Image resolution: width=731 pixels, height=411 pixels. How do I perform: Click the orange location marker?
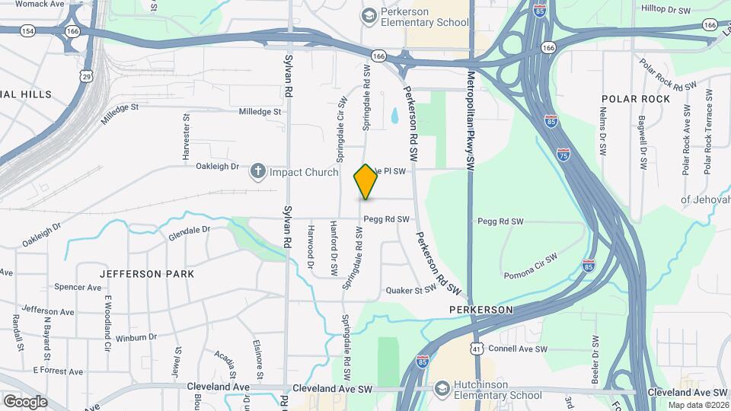(x=366, y=182)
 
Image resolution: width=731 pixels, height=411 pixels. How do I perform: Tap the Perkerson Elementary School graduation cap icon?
(x=369, y=15)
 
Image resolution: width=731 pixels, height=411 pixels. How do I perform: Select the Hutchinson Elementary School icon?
(x=442, y=389)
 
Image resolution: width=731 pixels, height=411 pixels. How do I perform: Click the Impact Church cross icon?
(x=258, y=172)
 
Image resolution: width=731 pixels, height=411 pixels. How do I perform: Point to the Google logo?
(x=25, y=401)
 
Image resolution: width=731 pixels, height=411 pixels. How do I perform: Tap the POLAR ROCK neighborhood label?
(x=636, y=99)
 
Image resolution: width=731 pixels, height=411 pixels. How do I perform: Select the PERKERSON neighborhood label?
(x=480, y=311)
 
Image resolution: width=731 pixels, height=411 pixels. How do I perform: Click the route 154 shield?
(x=29, y=30)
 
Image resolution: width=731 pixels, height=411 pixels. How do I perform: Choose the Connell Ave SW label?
(x=518, y=349)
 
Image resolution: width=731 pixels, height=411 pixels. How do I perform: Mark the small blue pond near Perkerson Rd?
(x=394, y=116)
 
